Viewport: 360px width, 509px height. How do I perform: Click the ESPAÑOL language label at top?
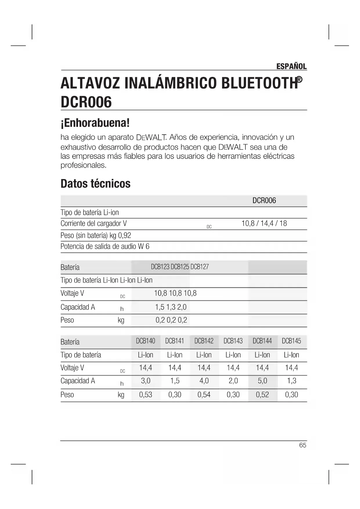coord(291,66)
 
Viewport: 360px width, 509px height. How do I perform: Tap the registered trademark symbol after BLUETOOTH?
coord(299,80)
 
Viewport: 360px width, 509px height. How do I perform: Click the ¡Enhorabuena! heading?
coord(95,123)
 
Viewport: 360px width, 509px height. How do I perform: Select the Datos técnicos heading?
coord(95,184)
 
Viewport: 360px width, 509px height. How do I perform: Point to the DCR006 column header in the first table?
coord(264,201)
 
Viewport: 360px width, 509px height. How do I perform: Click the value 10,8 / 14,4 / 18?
coord(264,223)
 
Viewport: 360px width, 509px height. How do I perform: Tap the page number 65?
coord(303,445)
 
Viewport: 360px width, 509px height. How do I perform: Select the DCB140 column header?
coord(146,341)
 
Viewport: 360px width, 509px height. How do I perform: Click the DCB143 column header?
coord(233,341)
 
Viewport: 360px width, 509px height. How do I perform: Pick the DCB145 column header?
coord(291,341)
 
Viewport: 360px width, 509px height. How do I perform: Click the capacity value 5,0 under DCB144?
coord(262,381)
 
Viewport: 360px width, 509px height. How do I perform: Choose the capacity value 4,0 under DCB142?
coord(204,381)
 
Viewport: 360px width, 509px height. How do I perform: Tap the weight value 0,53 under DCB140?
coord(146,395)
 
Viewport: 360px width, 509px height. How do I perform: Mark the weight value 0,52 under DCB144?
coord(262,395)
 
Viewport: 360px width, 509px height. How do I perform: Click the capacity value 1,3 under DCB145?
coord(292,381)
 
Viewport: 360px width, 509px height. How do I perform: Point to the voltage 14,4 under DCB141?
coord(175,368)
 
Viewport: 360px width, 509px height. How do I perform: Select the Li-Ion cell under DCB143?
coord(233,355)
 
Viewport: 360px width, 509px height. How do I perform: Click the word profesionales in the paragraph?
coord(83,165)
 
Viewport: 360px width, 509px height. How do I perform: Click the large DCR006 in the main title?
coord(86,102)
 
